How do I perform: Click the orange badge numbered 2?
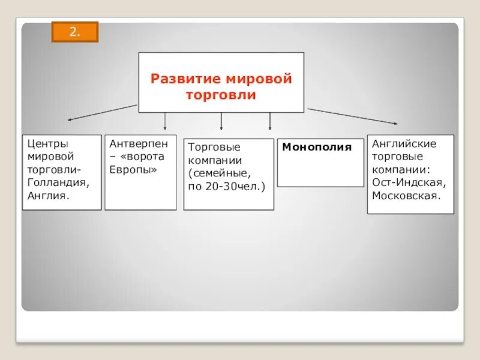click(74, 32)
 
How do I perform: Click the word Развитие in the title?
click(185, 79)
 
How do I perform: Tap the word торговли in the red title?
click(221, 95)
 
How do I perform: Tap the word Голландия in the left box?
click(59, 182)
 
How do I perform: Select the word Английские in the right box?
click(404, 144)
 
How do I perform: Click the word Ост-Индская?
click(409, 182)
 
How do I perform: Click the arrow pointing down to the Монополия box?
click(270, 122)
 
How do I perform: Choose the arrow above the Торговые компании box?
click(222, 122)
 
